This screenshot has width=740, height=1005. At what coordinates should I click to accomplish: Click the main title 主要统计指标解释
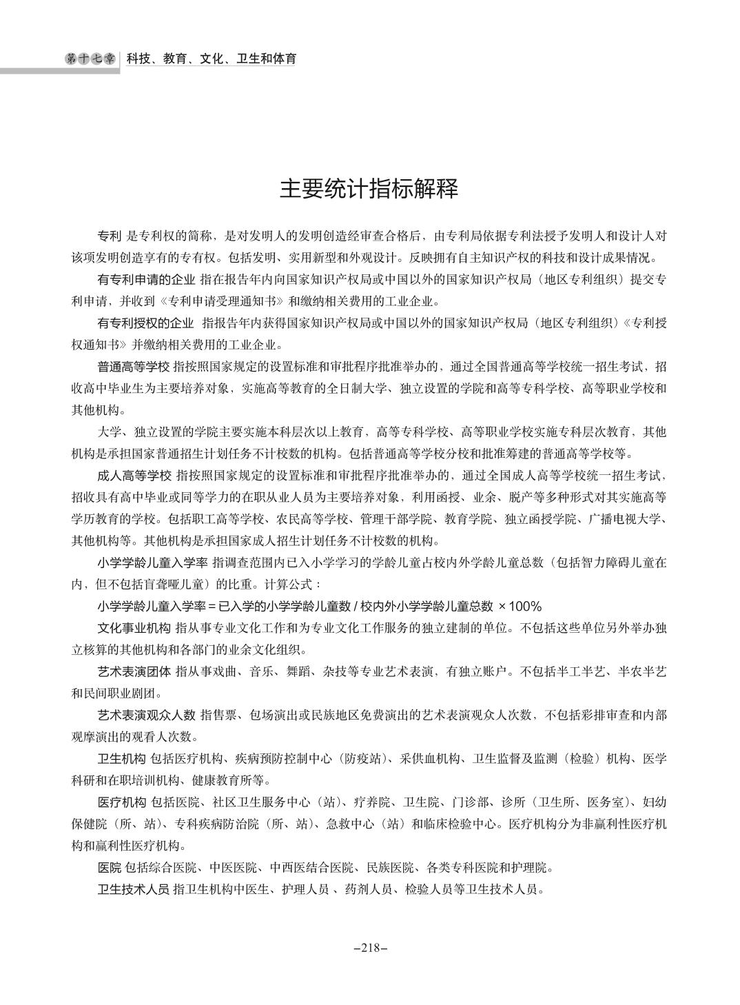(369, 189)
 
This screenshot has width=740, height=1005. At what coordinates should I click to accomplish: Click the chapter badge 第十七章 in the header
(92, 59)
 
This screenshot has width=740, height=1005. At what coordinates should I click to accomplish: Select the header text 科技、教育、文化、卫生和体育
(211, 59)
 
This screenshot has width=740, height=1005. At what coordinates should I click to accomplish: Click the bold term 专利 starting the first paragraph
(110, 236)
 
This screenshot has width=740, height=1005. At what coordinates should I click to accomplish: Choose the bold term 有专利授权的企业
(146, 323)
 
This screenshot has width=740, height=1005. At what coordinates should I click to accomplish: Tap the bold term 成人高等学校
(134, 475)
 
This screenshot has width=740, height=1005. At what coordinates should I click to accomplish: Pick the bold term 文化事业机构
(134, 628)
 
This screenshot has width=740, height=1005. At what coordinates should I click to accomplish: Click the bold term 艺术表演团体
(134, 671)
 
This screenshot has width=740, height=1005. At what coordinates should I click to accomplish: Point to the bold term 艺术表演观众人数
(146, 715)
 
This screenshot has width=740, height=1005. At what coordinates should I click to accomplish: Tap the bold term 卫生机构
(122, 759)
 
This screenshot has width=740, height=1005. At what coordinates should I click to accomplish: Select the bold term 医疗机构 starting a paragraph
(122, 802)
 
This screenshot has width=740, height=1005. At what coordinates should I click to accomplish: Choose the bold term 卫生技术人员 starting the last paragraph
(134, 889)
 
